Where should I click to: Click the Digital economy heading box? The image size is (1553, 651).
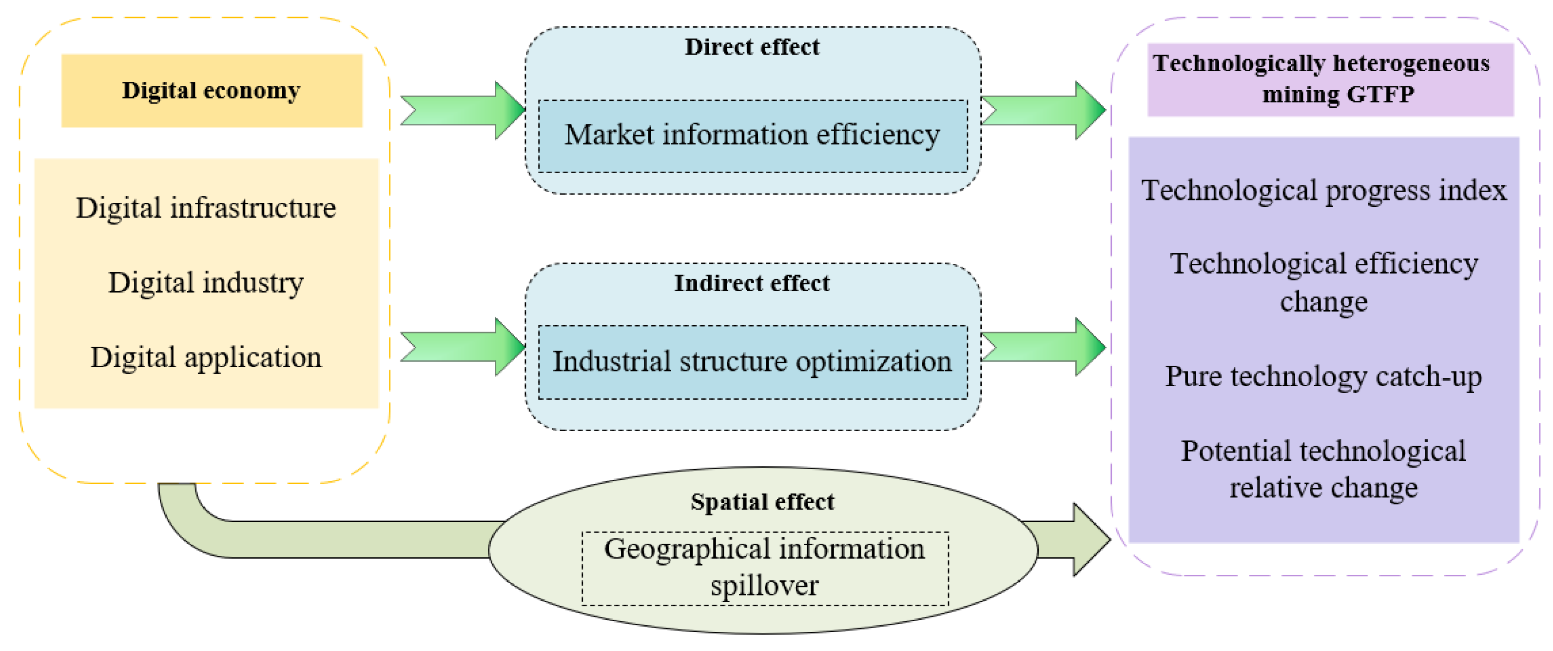(212, 91)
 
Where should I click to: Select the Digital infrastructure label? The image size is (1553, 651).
(206, 208)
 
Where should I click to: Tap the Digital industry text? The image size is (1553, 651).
(206, 282)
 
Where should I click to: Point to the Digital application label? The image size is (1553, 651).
(206, 357)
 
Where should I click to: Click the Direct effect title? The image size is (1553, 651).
(752, 47)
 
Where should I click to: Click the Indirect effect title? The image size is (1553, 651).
(752, 283)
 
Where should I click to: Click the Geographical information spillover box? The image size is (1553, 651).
(764, 568)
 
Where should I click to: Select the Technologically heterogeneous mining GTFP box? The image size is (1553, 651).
(1330, 79)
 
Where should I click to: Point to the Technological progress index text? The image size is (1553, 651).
(1323, 191)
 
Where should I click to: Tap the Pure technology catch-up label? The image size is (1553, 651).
(1323, 376)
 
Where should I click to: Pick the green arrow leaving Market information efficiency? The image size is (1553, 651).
(1044, 110)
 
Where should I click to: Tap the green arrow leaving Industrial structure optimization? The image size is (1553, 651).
(1044, 347)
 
